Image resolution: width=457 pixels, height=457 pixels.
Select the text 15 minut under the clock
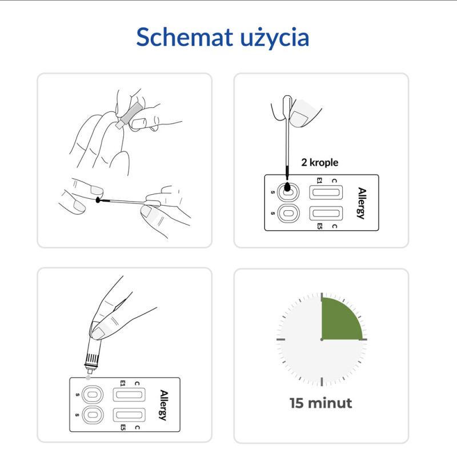(321, 403)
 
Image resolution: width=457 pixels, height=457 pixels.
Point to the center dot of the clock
(322, 339)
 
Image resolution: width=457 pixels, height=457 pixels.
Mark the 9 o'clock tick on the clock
(280, 339)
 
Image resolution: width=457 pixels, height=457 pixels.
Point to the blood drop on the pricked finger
(99, 201)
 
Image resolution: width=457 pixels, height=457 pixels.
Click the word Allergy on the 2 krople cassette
(361, 203)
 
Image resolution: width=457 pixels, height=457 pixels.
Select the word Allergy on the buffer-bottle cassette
(164, 405)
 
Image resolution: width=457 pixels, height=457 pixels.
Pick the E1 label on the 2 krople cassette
(319, 182)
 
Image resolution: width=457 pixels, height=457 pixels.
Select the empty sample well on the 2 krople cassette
(287, 214)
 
